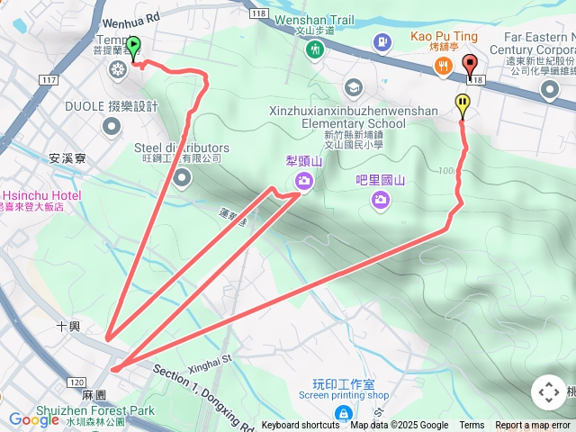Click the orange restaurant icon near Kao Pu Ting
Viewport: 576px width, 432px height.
(443, 65)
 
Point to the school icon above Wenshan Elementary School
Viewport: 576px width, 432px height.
(352, 87)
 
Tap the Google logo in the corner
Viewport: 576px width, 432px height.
(33, 418)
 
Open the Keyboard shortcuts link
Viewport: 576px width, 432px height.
(301, 426)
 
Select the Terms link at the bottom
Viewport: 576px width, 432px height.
(472, 426)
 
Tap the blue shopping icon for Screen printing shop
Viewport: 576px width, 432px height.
(343, 414)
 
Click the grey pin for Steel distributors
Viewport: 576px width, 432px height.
(183, 178)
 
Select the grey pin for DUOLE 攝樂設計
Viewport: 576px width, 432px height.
(111, 126)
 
